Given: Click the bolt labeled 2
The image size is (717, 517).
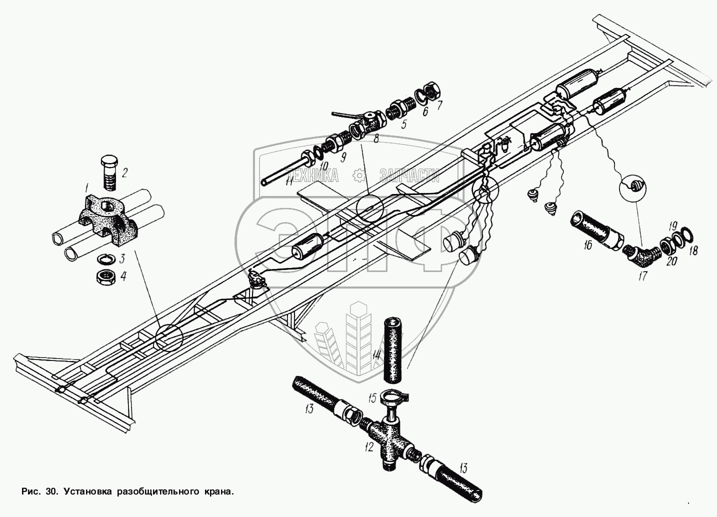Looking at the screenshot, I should pyautogui.click(x=108, y=172).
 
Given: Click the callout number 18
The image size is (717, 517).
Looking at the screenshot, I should pyautogui.click(x=693, y=250).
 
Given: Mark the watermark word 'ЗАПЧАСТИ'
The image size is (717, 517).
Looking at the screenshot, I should pyautogui.click(x=409, y=174).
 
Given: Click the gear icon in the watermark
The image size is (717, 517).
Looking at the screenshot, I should pyautogui.click(x=358, y=175).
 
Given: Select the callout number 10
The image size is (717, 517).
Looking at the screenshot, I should pyautogui.click(x=323, y=165).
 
